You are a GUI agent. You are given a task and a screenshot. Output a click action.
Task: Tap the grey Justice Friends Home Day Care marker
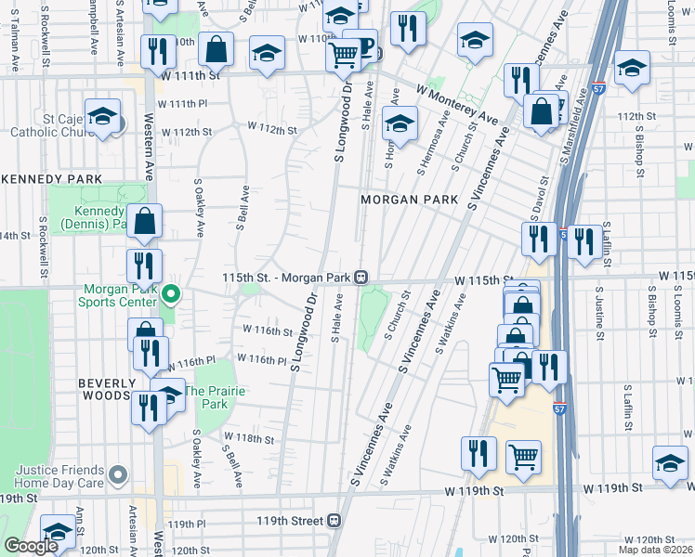coord(117,475)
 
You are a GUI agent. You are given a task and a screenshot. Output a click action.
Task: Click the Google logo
coord(31,545)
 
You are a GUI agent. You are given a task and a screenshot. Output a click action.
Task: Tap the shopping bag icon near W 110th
coord(216,49)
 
